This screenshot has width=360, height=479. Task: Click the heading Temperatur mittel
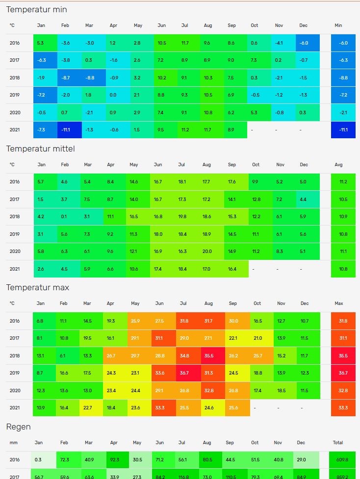(x=40, y=149)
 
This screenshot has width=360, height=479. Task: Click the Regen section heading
(x=19, y=427)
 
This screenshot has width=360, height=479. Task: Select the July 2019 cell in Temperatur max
(x=183, y=373)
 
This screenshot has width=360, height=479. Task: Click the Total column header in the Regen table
(x=338, y=443)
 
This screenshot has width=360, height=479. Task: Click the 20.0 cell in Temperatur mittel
(x=207, y=252)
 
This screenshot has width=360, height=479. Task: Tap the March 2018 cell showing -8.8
(x=89, y=78)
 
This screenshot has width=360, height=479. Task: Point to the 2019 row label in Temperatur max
(x=15, y=373)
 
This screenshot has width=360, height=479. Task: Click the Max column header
(x=339, y=303)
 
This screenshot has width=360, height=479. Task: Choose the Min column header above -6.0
(x=338, y=25)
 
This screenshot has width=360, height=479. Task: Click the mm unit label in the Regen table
(x=13, y=443)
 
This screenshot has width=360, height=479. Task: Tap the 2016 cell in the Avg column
(x=343, y=182)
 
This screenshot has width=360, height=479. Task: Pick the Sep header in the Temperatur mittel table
(x=232, y=165)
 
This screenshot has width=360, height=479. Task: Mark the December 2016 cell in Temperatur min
(x=304, y=43)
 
